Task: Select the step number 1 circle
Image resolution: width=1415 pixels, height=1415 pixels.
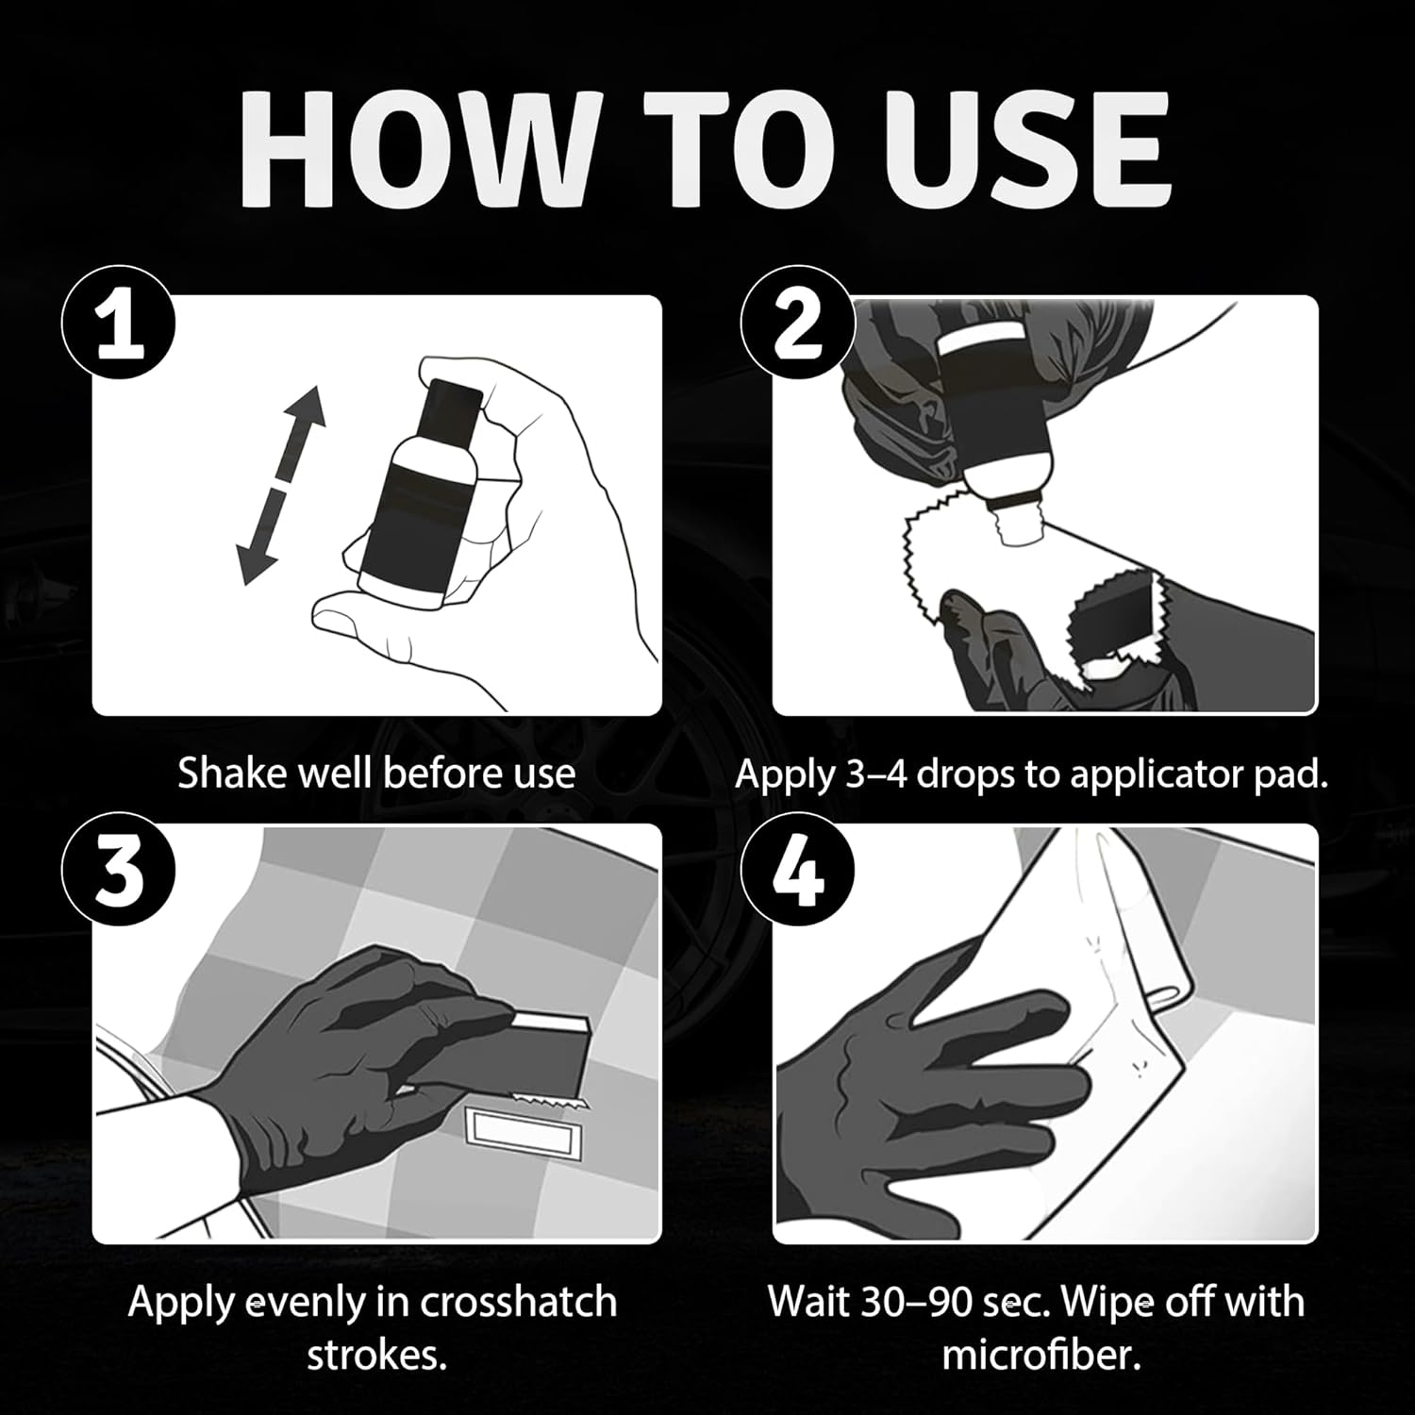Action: (119, 325)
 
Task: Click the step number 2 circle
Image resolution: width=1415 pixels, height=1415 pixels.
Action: (797, 325)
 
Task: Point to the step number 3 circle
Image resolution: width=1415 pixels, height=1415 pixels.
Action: (119, 874)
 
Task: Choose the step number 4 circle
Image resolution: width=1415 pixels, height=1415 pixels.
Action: (797, 874)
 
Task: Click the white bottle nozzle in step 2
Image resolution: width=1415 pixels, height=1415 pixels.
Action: (1015, 519)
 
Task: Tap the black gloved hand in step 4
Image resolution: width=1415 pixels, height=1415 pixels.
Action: (924, 1057)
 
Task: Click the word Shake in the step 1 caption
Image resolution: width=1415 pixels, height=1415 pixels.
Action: (232, 774)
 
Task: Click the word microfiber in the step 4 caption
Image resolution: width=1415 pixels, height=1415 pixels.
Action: (1041, 1356)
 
